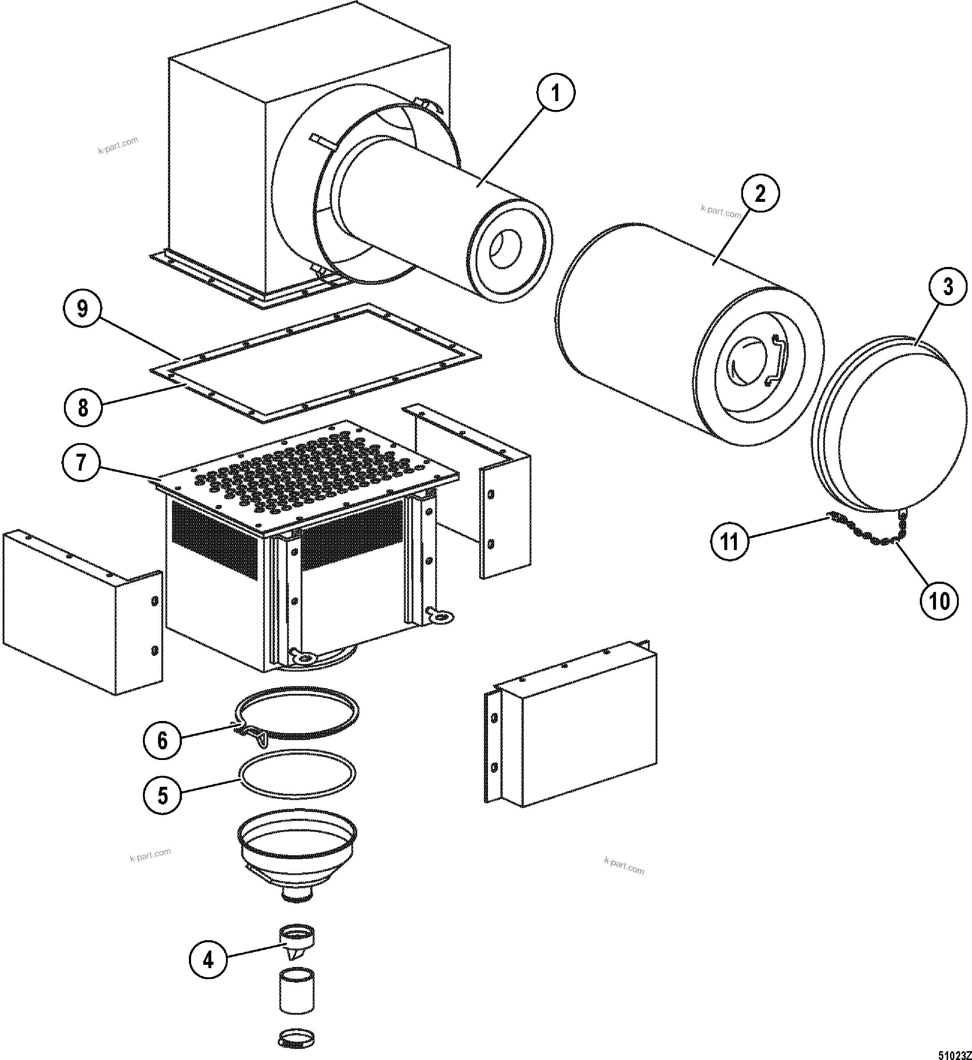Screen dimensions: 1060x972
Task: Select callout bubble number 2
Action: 760,194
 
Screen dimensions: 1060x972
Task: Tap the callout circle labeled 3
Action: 948,288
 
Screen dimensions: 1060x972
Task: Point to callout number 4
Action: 208,960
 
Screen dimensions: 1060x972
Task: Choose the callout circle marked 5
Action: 163,795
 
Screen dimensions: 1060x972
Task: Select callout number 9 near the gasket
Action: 83,309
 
